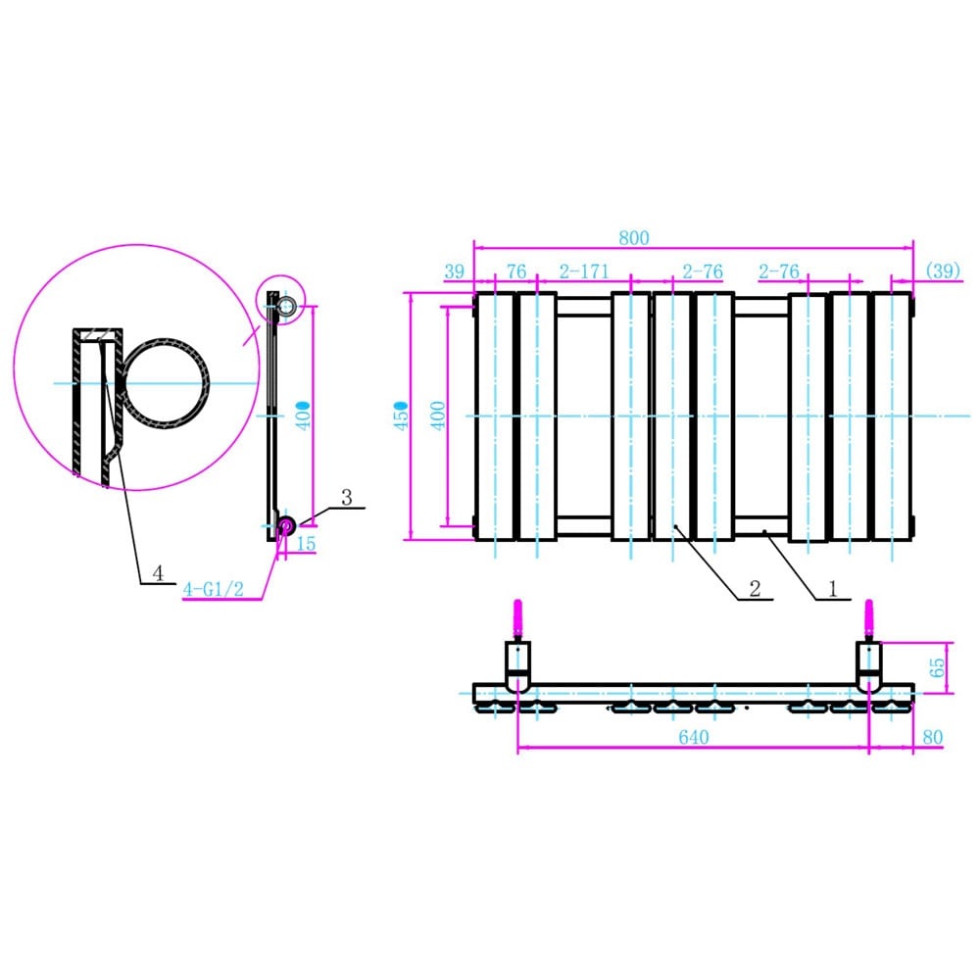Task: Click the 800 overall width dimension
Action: tap(634, 238)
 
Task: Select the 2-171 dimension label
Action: tap(585, 271)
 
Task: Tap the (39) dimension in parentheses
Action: tap(943, 271)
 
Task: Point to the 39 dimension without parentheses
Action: tap(454, 271)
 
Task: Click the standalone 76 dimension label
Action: tap(515, 271)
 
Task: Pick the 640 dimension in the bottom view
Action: tap(693, 737)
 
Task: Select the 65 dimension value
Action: tap(937, 667)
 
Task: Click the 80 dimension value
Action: tap(932, 737)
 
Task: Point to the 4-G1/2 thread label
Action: tap(212, 589)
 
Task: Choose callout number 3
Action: tap(346, 498)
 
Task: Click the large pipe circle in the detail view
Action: tap(164, 383)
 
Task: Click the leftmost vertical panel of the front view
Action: tap(494, 416)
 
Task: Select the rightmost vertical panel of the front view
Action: tap(893, 416)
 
